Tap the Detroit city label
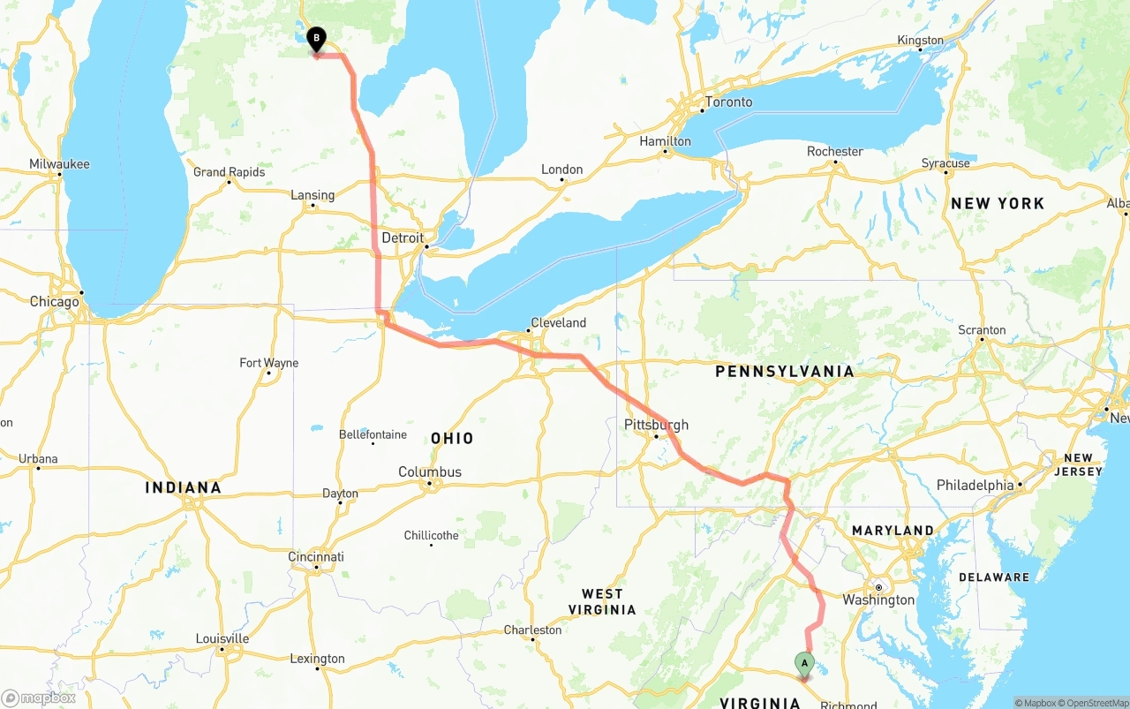(403, 238)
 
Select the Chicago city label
(54, 302)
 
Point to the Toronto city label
(728, 102)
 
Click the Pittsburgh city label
(656, 425)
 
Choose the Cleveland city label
(558, 323)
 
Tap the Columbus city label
(430, 472)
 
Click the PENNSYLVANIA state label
(784, 372)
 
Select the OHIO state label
(452, 438)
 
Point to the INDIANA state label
(183, 487)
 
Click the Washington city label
(878, 600)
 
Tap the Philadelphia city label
(975, 486)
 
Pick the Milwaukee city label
(59, 164)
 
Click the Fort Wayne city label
(269, 363)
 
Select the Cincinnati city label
(316, 557)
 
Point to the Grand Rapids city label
(229, 172)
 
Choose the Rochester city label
(834, 152)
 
